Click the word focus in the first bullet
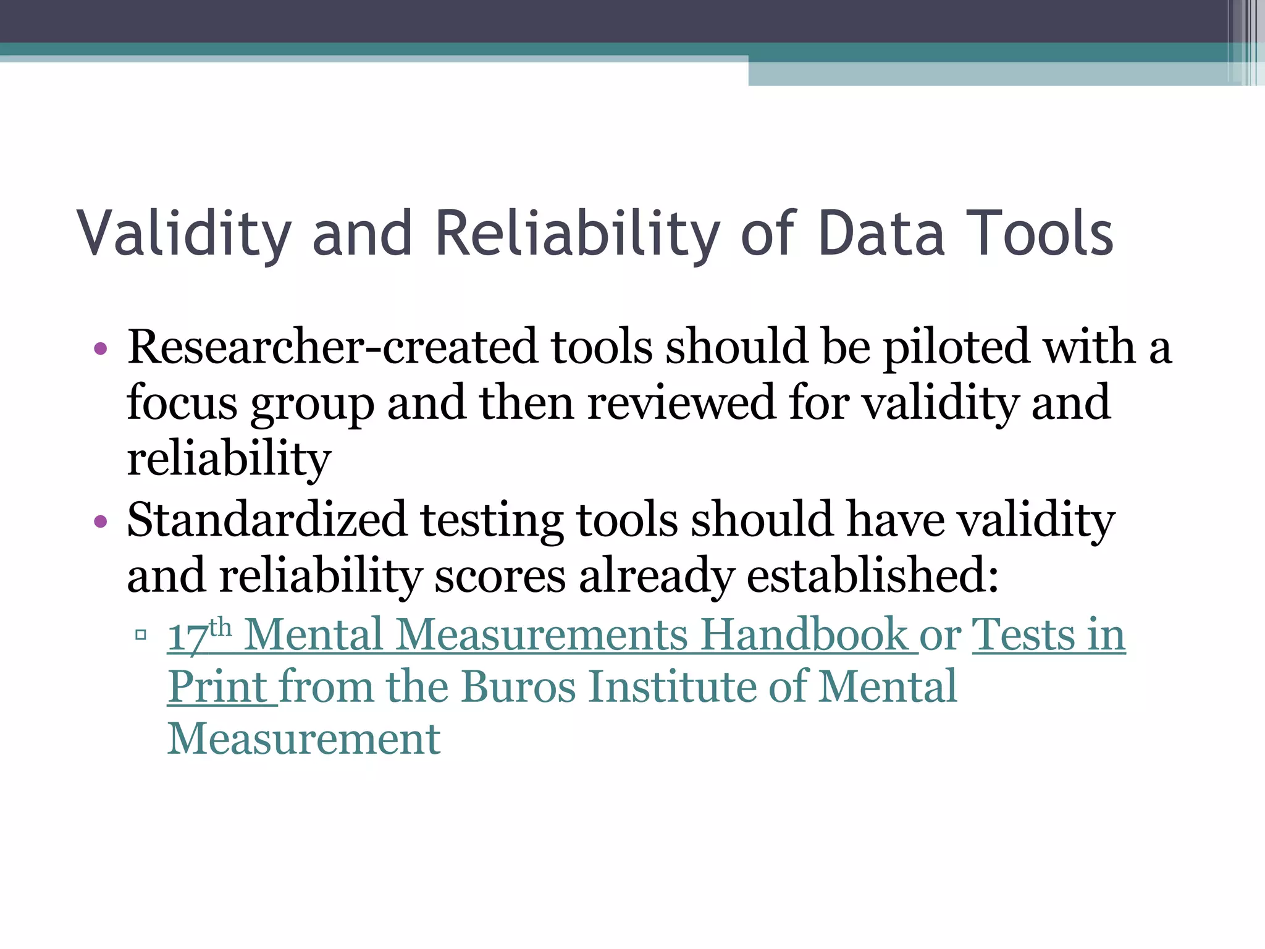point(182,403)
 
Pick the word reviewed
point(680,403)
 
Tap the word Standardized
point(266,520)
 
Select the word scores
point(499,575)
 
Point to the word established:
point(872,575)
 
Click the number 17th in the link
point(200,634)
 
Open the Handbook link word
point(804,634)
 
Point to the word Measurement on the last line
point(304,739)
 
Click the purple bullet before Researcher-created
point(101,349)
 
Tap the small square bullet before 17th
point(141,635)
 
